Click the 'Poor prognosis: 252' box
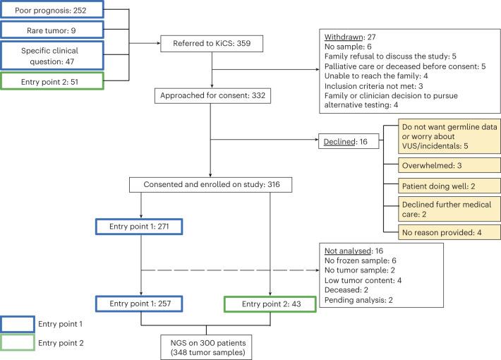pyautogui.click(x=53, y=10)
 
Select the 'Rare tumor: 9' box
pyautogui.click(x=53, y=30)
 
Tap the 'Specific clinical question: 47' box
pyautogui.click(x=53, y=55)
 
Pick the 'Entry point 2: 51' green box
pyautogui.click(x=53, y=82)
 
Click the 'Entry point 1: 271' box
pyautogui.click(x=140, y=226)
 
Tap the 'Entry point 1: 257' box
pyautogui.click(x=140, y=304)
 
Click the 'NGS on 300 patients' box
pyautogui.click(x=206, y=346)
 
